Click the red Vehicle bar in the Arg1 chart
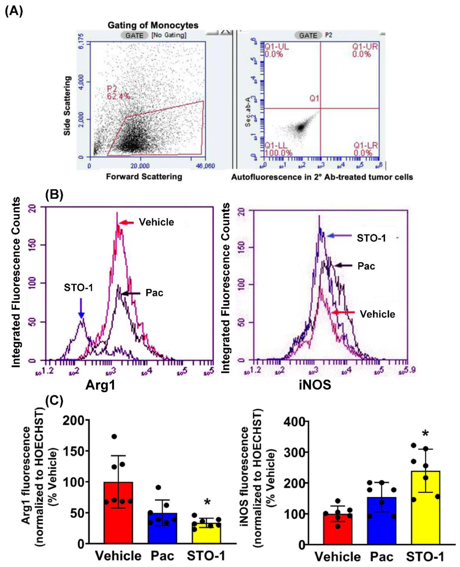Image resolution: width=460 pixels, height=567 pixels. click(118, 513)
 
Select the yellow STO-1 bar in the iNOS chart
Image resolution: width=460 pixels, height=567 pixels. click(426, 507)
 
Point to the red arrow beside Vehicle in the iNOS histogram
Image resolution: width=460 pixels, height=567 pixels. click(344, 312)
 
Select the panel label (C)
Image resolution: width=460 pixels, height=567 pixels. click(54, 402)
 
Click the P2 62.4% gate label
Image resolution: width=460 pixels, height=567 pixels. click(118, 92)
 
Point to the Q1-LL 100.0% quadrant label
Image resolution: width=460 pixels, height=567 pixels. click(278, 149)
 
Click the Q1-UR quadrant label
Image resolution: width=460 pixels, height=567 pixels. click(365, 50)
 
